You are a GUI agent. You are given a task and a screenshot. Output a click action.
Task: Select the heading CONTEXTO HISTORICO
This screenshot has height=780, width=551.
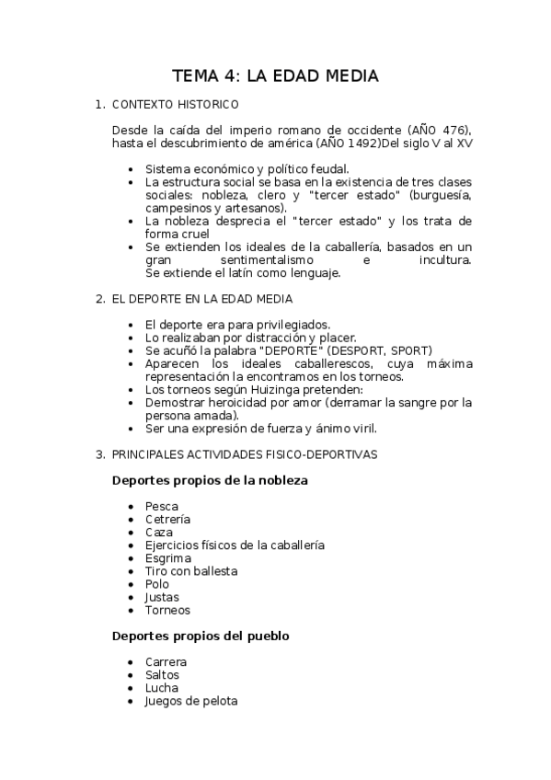(x=175, y=105)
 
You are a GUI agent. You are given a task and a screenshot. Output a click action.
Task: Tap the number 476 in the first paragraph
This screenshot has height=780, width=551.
(x=453, y=130)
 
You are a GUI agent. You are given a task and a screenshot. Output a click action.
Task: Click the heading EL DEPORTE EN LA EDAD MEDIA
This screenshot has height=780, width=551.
(x=201, y=299)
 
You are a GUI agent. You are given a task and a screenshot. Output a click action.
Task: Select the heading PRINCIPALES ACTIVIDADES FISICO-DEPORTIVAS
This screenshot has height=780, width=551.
(x=244, y=454)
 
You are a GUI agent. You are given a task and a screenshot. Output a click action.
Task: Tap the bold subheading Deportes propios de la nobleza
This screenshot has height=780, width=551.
(x=210, y=480)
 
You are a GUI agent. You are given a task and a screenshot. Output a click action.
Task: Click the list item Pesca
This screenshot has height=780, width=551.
(x=162, y=506)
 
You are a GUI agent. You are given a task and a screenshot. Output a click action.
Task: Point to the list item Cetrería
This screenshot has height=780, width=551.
(x=167, y=519)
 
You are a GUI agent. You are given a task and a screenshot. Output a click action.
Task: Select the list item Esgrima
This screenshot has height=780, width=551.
(x=167, y=557)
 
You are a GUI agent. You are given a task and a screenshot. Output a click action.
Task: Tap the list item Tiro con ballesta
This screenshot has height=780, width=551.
(x=190, y=570)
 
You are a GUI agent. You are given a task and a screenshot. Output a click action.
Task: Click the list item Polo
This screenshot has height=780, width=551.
(x=157, y=583)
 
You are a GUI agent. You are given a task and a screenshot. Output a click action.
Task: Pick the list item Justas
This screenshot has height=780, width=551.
(x=162, y=596)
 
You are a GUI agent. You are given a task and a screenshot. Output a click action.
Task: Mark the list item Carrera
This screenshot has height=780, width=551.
(x=166, y=661)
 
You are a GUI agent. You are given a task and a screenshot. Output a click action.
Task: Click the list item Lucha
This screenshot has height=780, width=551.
(x=162, y=687)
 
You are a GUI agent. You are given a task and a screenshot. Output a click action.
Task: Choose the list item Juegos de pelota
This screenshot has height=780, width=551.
(x=190, y=700)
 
